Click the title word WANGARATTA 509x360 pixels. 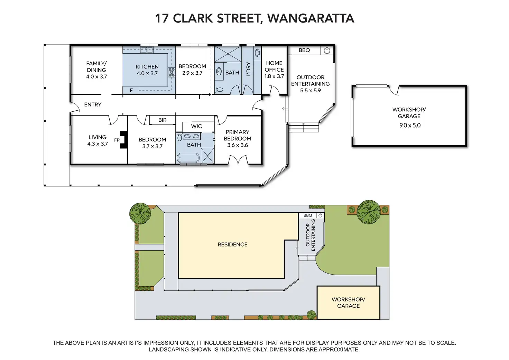(x=311, y=18)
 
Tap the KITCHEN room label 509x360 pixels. (x=147, y=67)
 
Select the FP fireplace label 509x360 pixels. (x=117, y=140)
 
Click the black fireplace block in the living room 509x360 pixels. (x=123, y=140)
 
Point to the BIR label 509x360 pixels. (x=162, y=120)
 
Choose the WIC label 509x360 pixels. (x=196, y=126)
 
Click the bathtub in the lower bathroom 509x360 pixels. (x=188, y=158)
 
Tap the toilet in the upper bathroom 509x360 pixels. (x=219, y=90)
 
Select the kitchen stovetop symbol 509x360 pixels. (x=172, y=72)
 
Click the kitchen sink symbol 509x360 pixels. (x=147, y=50)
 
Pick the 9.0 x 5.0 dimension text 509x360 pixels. (x=410, y=125)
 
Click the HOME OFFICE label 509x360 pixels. (x=274, y=66)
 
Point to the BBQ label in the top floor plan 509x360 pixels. (x=304, y=50)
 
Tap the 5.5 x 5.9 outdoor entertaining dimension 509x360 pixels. (x=311, y=90)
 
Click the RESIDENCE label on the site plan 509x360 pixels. (x=232, y=244)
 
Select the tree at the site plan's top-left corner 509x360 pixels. (x=140, y=213)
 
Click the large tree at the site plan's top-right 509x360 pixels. (x=369, y=212)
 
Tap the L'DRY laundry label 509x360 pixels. (x=248, y=69)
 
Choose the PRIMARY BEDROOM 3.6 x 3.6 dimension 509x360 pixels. (x=238, y=145)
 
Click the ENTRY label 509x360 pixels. (x=93, y=104)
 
